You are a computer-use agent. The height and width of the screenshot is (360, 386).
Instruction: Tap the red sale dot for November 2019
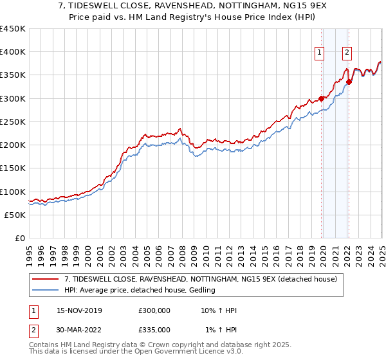tap(321, 98)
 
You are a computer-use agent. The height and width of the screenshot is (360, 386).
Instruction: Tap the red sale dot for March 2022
tap(348, 82)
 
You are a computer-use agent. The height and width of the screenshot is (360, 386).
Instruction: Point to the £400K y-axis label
tap(13, 52)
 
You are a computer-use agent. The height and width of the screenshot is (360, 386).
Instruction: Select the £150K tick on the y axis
tap(13, 168)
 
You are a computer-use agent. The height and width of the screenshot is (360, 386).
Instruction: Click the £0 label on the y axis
tap(19, 238)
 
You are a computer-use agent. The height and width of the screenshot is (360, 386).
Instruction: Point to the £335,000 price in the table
tap(154, 329)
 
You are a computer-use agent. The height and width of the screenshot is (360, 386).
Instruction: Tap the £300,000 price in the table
tap(154, 310)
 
